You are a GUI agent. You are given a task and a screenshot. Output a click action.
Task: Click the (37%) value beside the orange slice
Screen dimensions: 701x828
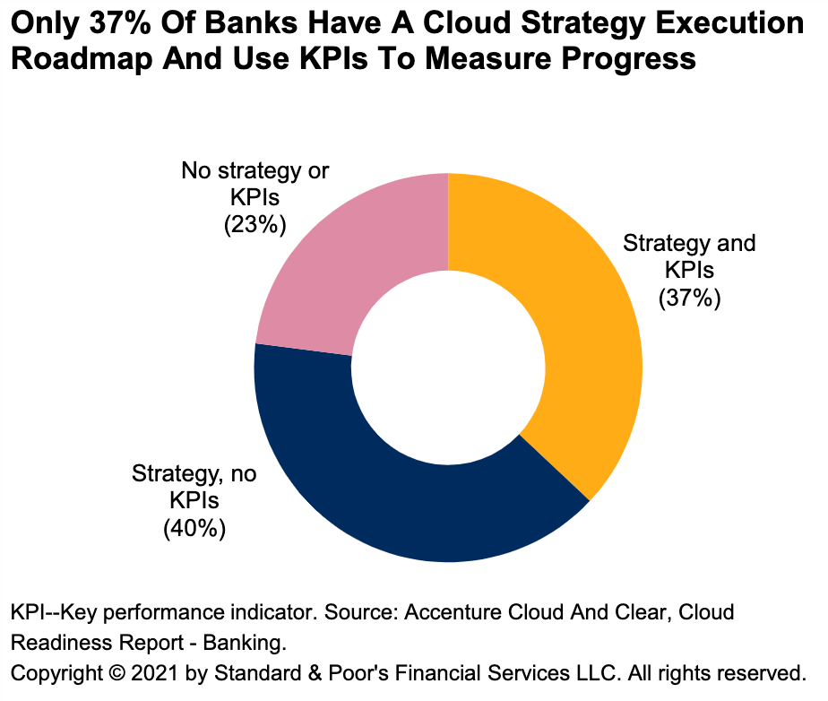[689, 299]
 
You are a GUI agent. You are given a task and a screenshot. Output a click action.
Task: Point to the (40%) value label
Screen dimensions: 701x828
[194, 529]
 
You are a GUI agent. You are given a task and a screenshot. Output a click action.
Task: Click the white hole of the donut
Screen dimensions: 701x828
[448, 368]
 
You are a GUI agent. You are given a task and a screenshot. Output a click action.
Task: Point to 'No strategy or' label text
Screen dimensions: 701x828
[254, 170]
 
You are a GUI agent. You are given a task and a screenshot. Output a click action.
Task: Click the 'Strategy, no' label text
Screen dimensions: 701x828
[194, 473]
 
